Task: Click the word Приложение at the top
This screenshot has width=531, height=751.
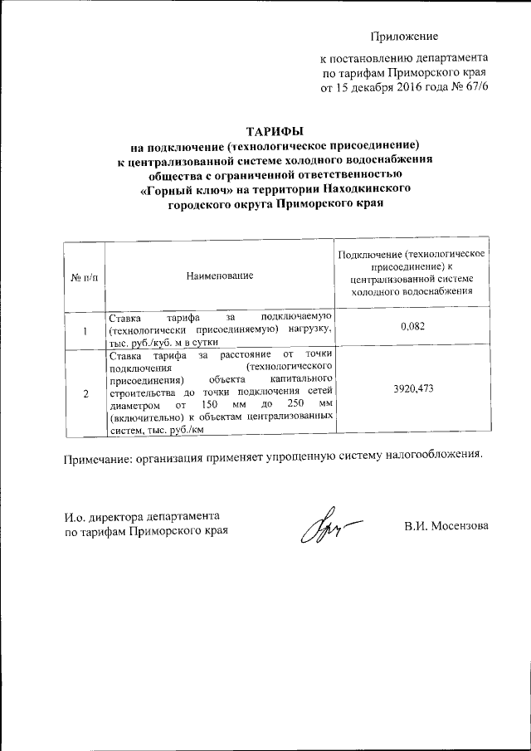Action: [403, 37]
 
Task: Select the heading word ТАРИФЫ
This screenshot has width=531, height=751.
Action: [275, 130]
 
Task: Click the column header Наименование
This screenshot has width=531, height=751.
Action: [220, 275]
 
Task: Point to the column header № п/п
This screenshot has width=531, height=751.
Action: [84, 276]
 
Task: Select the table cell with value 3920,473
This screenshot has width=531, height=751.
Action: [412, 388]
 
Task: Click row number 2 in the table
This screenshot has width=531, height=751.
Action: [85, 393]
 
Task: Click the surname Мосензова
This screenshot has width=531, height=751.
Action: [452, 525]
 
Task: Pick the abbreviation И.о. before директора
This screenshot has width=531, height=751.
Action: [78, 516]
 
